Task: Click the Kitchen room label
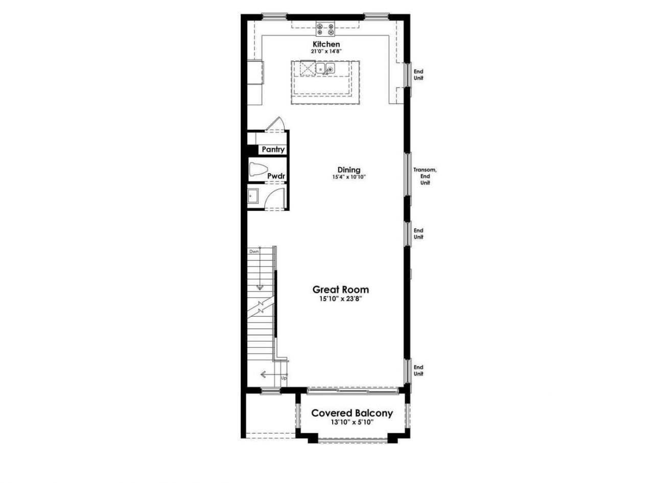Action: [x=326, y=44]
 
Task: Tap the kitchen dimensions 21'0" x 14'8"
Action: [x=326, y=52]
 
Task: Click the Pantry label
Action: [x=273, y=150]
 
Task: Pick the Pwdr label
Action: [x=276, y=176]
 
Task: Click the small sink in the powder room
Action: [x=253, y=196]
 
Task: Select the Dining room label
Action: [x=349, y=170]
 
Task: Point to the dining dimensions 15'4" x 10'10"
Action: [x=349, y=177]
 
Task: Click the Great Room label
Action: [x=340, y=289]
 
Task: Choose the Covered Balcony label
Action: [x=352, y=413]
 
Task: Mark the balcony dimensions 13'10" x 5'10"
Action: [x=352, y=422]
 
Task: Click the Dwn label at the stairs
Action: [x=254, y=251]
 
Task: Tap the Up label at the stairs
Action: [x=284, y=378]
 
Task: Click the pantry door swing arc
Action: [x=276, y=124]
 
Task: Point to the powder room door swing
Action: [x=276, y=197]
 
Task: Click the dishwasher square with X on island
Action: [x=308, y=68]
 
